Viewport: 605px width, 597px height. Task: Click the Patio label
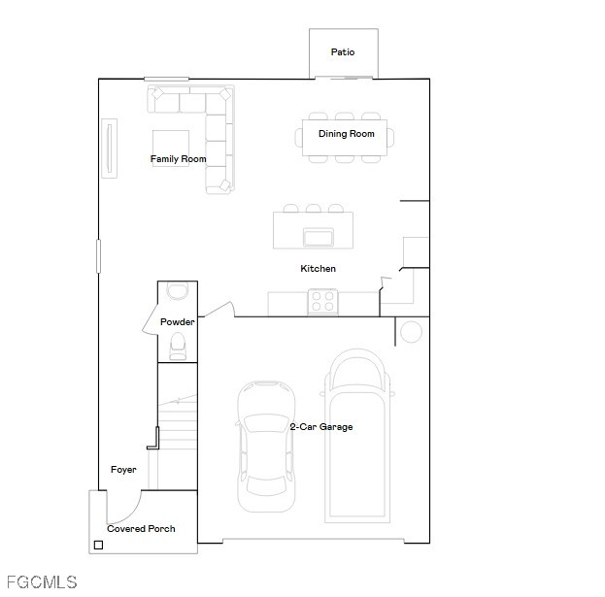(343, 52)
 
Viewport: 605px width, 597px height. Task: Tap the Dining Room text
(347, 134)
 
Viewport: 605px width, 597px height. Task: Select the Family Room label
(179, 159)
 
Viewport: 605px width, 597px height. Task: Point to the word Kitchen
(318, 269)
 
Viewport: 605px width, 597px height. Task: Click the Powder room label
(177, 321)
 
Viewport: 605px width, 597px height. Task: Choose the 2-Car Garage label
(321, 426)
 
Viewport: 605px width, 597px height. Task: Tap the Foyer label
(123, 469)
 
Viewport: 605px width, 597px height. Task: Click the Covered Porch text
(141, 528)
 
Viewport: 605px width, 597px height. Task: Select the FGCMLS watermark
(42, 582)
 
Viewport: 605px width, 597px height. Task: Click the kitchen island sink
(319, 237)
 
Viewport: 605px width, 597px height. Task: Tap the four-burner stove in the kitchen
(322, 302)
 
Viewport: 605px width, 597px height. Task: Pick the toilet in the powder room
(178, 346)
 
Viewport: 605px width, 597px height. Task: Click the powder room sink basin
(178, 290)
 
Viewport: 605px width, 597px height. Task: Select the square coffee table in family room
(171, 149)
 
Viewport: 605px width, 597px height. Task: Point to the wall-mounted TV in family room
(109, 149)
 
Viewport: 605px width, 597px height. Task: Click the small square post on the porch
(98, 545)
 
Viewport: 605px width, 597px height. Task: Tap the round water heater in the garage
(412, 332)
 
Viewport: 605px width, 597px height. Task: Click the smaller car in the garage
(266, 447)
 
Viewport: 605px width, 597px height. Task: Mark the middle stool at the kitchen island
(314, 209)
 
